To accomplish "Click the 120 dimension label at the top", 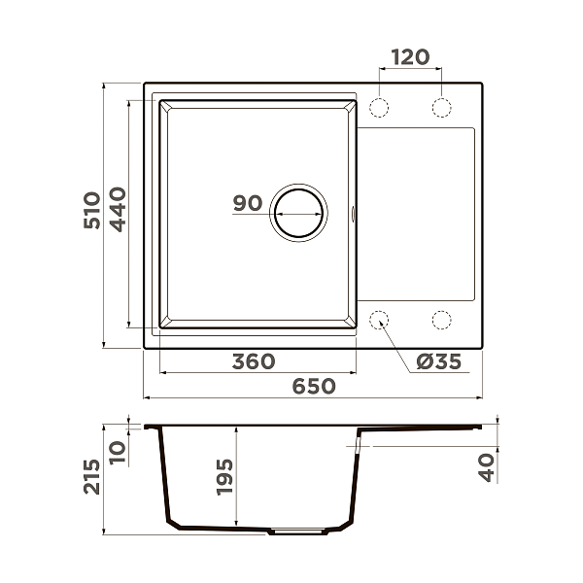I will pos(410,57).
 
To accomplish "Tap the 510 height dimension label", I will pos(92,210).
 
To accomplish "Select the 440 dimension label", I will pos(118,210).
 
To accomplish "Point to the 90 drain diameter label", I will pos(248,203).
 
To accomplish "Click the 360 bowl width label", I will pos(254,361).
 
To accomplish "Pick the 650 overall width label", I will pos(314,386).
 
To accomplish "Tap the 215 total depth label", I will pos(92,476).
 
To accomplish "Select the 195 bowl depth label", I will pos(224,477).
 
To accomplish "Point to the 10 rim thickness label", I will pos(118,450).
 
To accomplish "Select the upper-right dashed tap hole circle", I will pos(441,105).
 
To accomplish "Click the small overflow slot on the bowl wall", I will pos(353,211).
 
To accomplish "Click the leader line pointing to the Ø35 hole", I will pos(397,342).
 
